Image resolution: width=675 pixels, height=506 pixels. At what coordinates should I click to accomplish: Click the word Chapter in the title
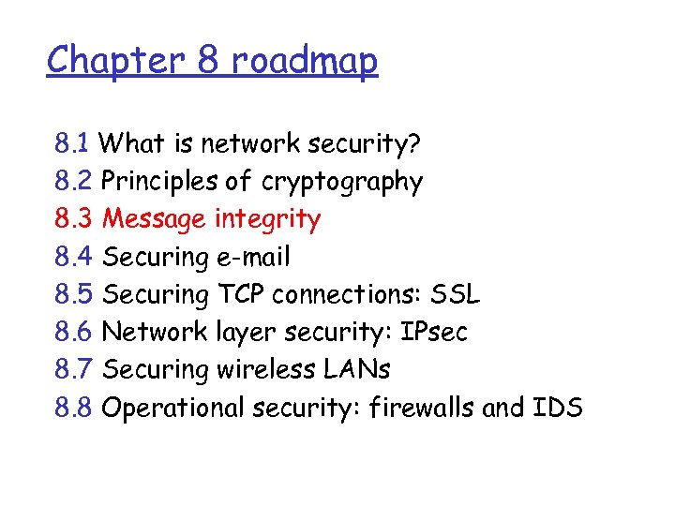click(x=103, y=61)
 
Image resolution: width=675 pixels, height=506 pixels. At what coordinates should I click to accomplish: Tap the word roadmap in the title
click(x=304, y=62)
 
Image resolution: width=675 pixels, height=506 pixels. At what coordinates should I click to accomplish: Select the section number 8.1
click(x=71, y=144)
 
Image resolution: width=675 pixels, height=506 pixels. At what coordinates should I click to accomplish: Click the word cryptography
click(x=342, y=183)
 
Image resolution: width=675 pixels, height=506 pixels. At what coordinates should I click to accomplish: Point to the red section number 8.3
click(x=72, y=219)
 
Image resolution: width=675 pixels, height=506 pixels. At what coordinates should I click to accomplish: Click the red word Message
click(x=154, y=220)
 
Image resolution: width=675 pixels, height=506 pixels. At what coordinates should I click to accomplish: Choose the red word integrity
click(x=267, y=220)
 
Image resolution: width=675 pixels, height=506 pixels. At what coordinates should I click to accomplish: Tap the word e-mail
click(x=252, y=257)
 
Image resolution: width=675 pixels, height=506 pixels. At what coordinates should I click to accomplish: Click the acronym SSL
click(x=455, y=294)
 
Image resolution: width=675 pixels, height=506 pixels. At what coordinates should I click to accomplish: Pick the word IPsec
click(x=434, y=332)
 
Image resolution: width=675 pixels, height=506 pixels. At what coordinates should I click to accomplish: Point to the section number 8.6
click(x=72, y=332)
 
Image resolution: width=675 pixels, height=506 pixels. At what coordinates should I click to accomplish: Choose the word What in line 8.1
click(x=130, y=144)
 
